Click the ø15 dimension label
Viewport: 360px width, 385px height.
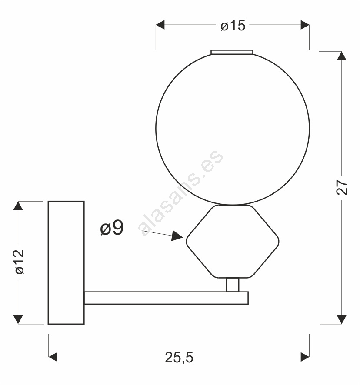233,26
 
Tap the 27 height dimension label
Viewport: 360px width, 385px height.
342,187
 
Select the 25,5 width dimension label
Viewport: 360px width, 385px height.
179,357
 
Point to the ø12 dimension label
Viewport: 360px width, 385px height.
20,262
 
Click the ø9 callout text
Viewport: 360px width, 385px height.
112,228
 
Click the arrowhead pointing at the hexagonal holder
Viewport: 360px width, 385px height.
177,236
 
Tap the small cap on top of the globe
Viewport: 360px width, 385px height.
232,52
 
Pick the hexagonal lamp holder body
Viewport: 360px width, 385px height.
233,242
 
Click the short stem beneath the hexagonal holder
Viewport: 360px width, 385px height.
233,285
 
